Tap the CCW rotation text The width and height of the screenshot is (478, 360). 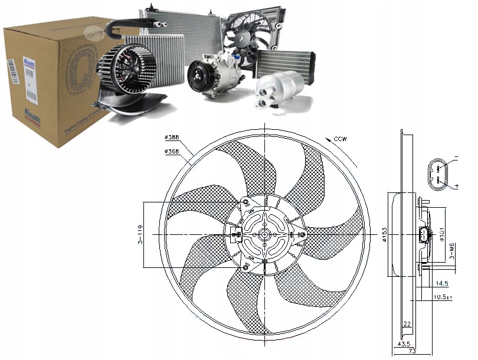point(340,139)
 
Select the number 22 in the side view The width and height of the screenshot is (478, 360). point(407,323)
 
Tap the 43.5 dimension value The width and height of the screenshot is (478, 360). point(404,343)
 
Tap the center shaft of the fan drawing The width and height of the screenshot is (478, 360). point(264,234)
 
